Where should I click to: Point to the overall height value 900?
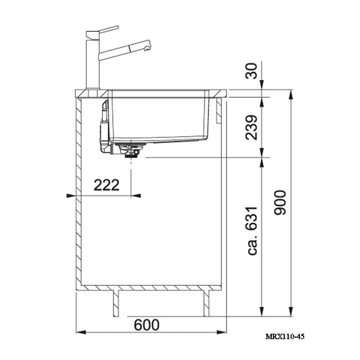click(x=280, y=203)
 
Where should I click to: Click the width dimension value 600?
click(x=147, y=325)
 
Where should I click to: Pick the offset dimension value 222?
click(x=106, y=185)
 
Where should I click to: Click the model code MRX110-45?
click(x=285, y=337)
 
